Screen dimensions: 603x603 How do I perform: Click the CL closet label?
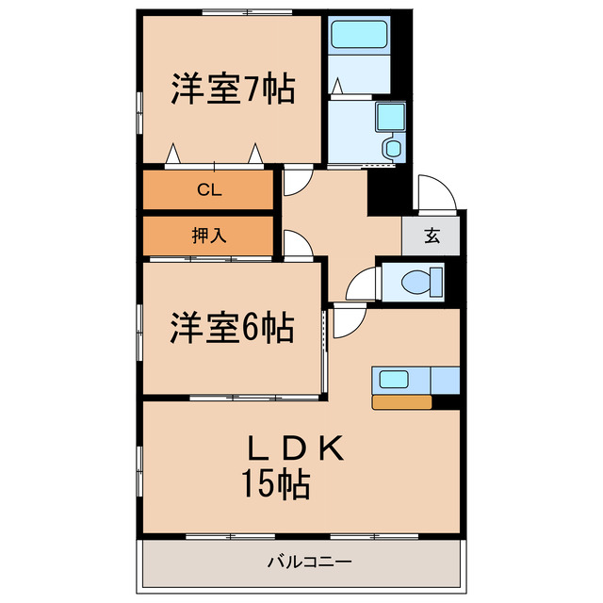click(208, 189)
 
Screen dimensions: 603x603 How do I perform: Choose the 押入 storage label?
click(208, 236)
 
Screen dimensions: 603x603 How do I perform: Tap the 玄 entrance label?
click(431, 236)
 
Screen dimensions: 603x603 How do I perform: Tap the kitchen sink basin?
click(394, 381)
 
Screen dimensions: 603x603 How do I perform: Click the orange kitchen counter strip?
click(401, 402)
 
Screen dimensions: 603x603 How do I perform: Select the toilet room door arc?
click(361, 283)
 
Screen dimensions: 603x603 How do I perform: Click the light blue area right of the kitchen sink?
click(445, 381)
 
